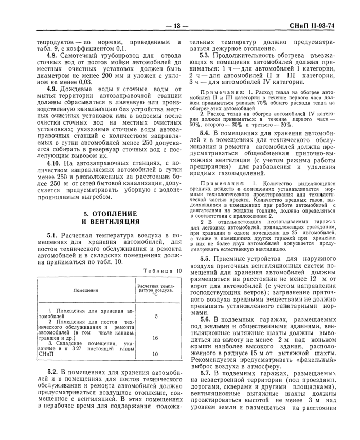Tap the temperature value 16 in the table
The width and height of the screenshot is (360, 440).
click(x=156, y=338)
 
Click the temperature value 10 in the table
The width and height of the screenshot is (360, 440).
click(x=156, y=354)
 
